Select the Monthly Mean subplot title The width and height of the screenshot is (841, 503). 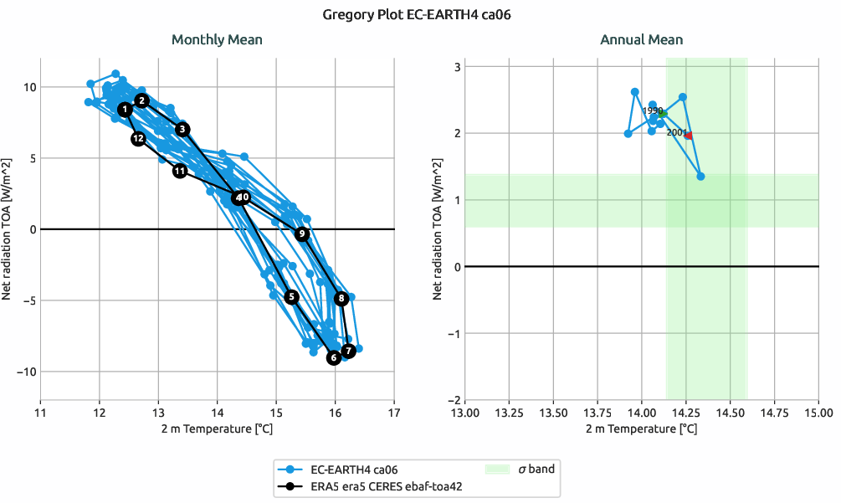coord(217,39)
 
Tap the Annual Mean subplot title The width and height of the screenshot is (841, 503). coord(641,39)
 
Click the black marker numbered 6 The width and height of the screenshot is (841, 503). coord(334,357)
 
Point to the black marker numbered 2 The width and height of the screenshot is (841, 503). coord(142,100)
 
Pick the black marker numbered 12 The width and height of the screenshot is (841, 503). coord(138,138)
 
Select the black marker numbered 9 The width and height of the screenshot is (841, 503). coord(302,234)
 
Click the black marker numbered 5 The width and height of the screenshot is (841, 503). coord(291,296)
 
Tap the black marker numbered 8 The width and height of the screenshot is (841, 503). coord(341,298)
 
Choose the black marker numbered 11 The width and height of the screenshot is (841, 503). coord(180,171)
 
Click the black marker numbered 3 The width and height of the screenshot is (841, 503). coord(183,129)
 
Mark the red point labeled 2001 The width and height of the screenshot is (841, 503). coord(689,135)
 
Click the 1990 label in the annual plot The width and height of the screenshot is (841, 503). coord(652,110)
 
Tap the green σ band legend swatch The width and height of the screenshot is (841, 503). coord(498,470)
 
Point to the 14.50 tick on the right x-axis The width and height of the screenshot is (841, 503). coord(730,413)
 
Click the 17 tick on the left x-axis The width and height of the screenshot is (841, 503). coord(394,413)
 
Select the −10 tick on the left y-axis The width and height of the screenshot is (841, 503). coord(25,372)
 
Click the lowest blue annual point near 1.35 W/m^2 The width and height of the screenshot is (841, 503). coord(700,176)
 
